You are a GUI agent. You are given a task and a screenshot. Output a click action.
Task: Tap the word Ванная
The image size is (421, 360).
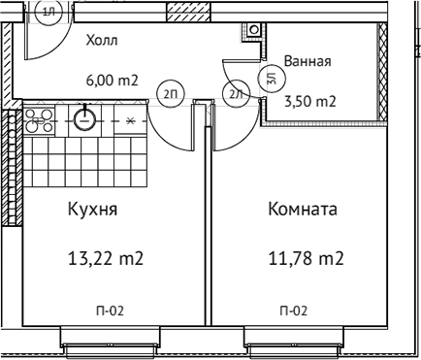point(308,61)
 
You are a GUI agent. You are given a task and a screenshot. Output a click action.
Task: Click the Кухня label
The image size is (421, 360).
point(93,209)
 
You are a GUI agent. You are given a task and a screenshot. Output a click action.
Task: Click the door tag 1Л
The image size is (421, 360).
point(50,9)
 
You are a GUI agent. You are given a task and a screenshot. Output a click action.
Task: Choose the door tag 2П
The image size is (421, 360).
point(170,94)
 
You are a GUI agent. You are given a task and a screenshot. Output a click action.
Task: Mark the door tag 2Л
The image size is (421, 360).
point(234,94)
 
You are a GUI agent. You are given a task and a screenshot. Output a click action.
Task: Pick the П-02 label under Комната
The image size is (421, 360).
point(294,311)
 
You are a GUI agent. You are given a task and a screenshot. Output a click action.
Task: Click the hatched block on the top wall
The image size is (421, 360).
point(182,12)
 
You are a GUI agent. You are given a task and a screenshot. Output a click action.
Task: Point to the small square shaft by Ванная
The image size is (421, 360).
point(253,29)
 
